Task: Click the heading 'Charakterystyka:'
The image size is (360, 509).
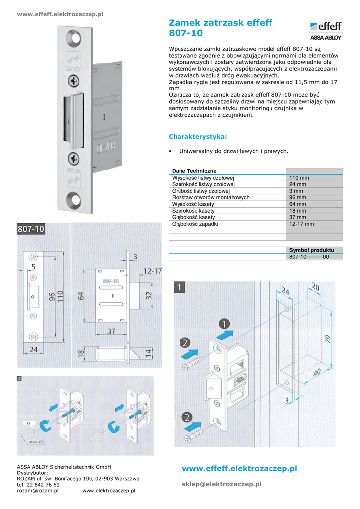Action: click(198, 136)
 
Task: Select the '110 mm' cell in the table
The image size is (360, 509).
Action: click(299, 178)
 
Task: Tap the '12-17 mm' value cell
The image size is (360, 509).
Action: click(302, 224)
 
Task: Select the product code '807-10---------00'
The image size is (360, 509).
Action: click(309, 257)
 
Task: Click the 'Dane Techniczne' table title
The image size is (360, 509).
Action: click(194, 171)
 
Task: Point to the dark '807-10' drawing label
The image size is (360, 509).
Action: click(31, 229)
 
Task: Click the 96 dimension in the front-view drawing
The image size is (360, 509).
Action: click(52, 298)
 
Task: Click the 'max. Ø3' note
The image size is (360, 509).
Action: click(38, 441)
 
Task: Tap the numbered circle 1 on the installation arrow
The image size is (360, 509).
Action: click(226, 324)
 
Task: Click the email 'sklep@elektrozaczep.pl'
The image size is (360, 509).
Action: click(222, 484)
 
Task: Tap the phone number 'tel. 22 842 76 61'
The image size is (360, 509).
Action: click(38, 485)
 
